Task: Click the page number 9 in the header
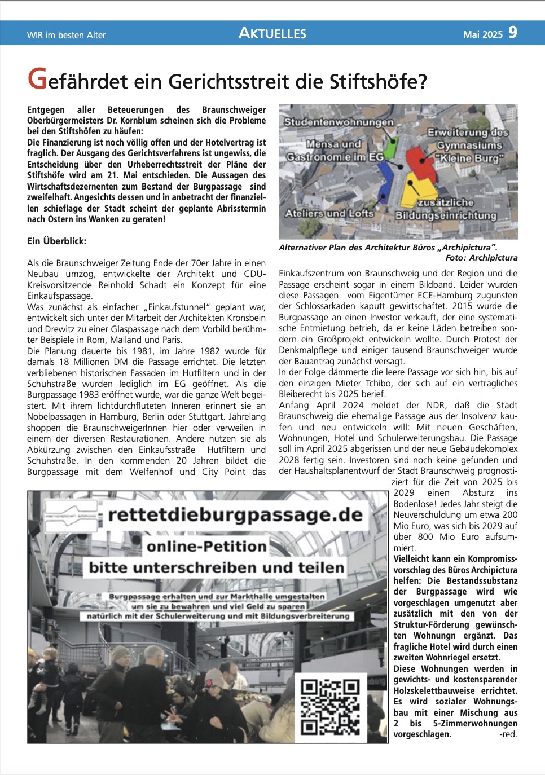[512, 33]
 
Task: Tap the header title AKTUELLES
[272, 33]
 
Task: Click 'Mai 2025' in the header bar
[482, 34]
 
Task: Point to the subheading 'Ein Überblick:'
[57, 241]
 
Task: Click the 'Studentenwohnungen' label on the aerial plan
[339, 122]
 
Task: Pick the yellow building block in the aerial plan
[418, 189]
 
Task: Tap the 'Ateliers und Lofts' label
[329, 213]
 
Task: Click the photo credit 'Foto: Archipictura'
[481, 258]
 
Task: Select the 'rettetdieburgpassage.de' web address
[235, 514]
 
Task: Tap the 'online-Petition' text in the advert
[206, 546]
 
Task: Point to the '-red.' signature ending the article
[508, 734]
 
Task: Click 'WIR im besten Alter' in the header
[67, 35]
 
